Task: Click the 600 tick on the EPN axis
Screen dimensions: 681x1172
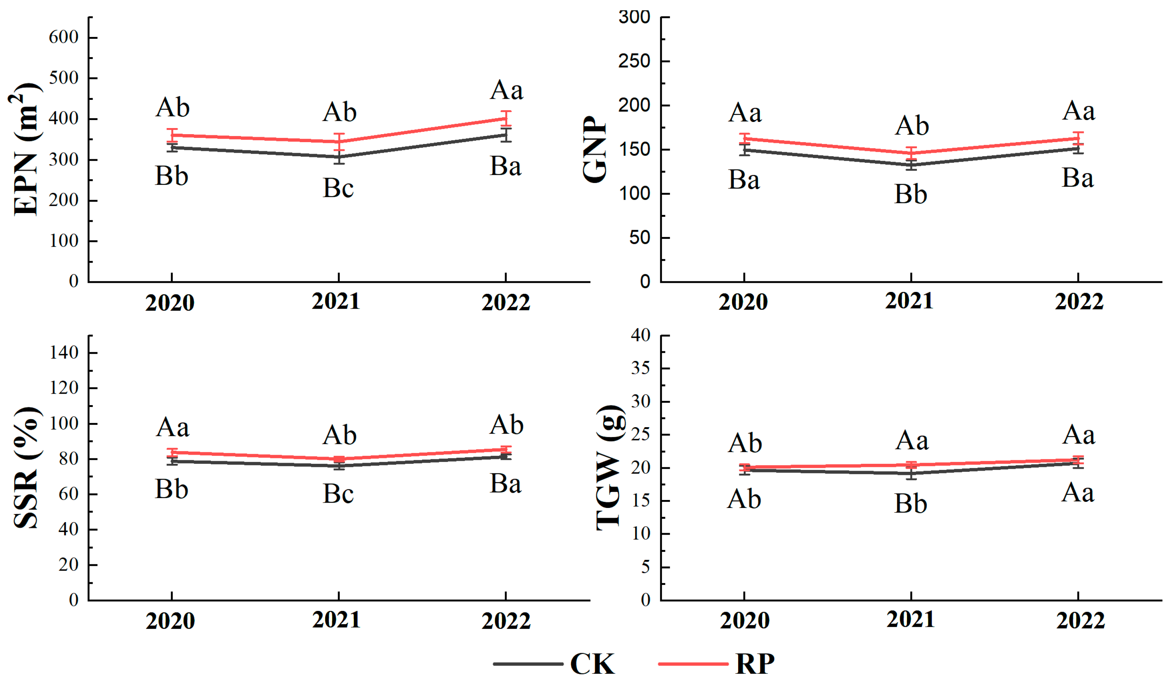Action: click(64, 37)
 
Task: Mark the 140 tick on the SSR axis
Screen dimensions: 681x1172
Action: click(64, 353)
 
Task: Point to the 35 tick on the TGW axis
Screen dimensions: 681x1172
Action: click(641, 368)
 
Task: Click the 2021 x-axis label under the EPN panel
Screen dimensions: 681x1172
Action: click(336, 302)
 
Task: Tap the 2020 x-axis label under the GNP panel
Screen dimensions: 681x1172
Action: click(743, 302)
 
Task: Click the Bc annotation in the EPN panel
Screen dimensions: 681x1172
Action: click(338, 188)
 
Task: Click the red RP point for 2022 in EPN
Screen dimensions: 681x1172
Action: click(506, 119)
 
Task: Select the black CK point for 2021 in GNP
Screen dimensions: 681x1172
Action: click(911, 165)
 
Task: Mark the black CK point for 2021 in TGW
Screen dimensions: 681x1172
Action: click(911, 473)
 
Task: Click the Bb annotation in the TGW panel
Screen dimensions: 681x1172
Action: click(910, 503)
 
